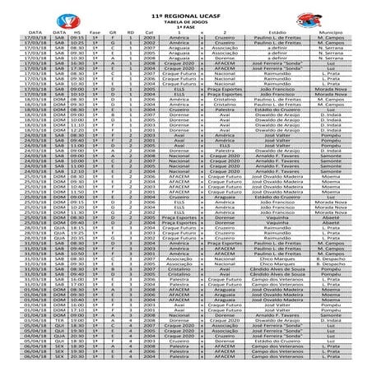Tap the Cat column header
(x=149, y=34)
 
